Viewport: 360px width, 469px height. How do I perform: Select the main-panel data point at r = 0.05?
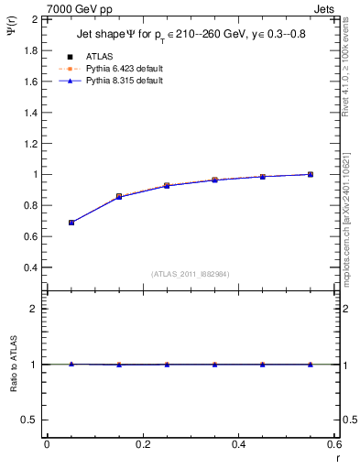(x=71, y=223)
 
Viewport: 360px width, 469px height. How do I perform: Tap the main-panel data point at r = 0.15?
(x=119, y=196)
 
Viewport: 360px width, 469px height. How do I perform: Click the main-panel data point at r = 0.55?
(x=311, y=174)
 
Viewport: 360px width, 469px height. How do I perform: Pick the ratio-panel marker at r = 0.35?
(x=214, y=365)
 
